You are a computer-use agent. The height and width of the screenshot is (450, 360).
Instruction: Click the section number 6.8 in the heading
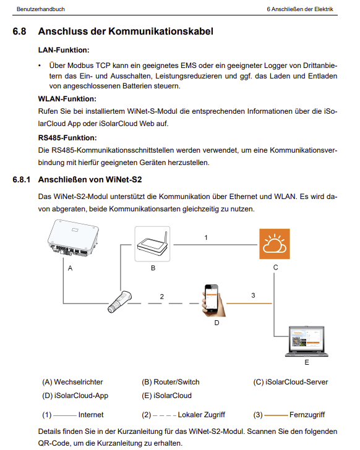[x=19, y=32]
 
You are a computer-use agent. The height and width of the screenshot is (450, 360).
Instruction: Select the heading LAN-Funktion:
[x=64, y=50]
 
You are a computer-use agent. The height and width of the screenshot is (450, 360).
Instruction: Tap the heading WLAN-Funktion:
[x=67, y=99]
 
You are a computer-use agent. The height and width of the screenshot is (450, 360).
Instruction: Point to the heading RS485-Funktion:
[x=67, y=138]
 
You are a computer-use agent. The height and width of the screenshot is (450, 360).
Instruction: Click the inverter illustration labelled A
[x=73, y=238]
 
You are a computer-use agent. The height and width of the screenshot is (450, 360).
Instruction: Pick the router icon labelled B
[x=152, y=244]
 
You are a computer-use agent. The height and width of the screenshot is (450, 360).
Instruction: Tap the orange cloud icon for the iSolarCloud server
[x=275, y=244]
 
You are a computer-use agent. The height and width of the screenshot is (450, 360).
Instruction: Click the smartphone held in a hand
[x=213, y=300]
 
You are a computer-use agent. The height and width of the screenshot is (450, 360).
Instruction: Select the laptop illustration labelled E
[x=307, y=341]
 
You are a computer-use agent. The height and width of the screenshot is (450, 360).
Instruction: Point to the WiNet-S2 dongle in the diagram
[x=119, y=302]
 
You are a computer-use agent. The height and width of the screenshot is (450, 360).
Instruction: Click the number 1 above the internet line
[x=206, y=237]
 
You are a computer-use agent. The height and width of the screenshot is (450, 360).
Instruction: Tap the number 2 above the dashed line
[x=162, y=297]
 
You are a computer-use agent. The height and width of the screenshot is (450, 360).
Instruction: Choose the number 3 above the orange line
[x=253, y=295]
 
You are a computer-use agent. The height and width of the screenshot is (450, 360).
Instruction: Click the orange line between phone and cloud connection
[x=249, y=304]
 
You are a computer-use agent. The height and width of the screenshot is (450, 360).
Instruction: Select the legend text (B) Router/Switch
[x=171, y=382]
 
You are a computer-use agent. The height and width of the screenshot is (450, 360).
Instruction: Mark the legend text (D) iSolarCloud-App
[x=75, y=396]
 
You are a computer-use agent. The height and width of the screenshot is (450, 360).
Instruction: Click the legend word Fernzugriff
[x=307, y=415]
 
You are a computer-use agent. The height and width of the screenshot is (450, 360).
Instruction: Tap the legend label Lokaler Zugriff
[x=202, y=415]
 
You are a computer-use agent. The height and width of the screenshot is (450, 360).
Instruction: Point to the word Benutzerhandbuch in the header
[x=41, y=9]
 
